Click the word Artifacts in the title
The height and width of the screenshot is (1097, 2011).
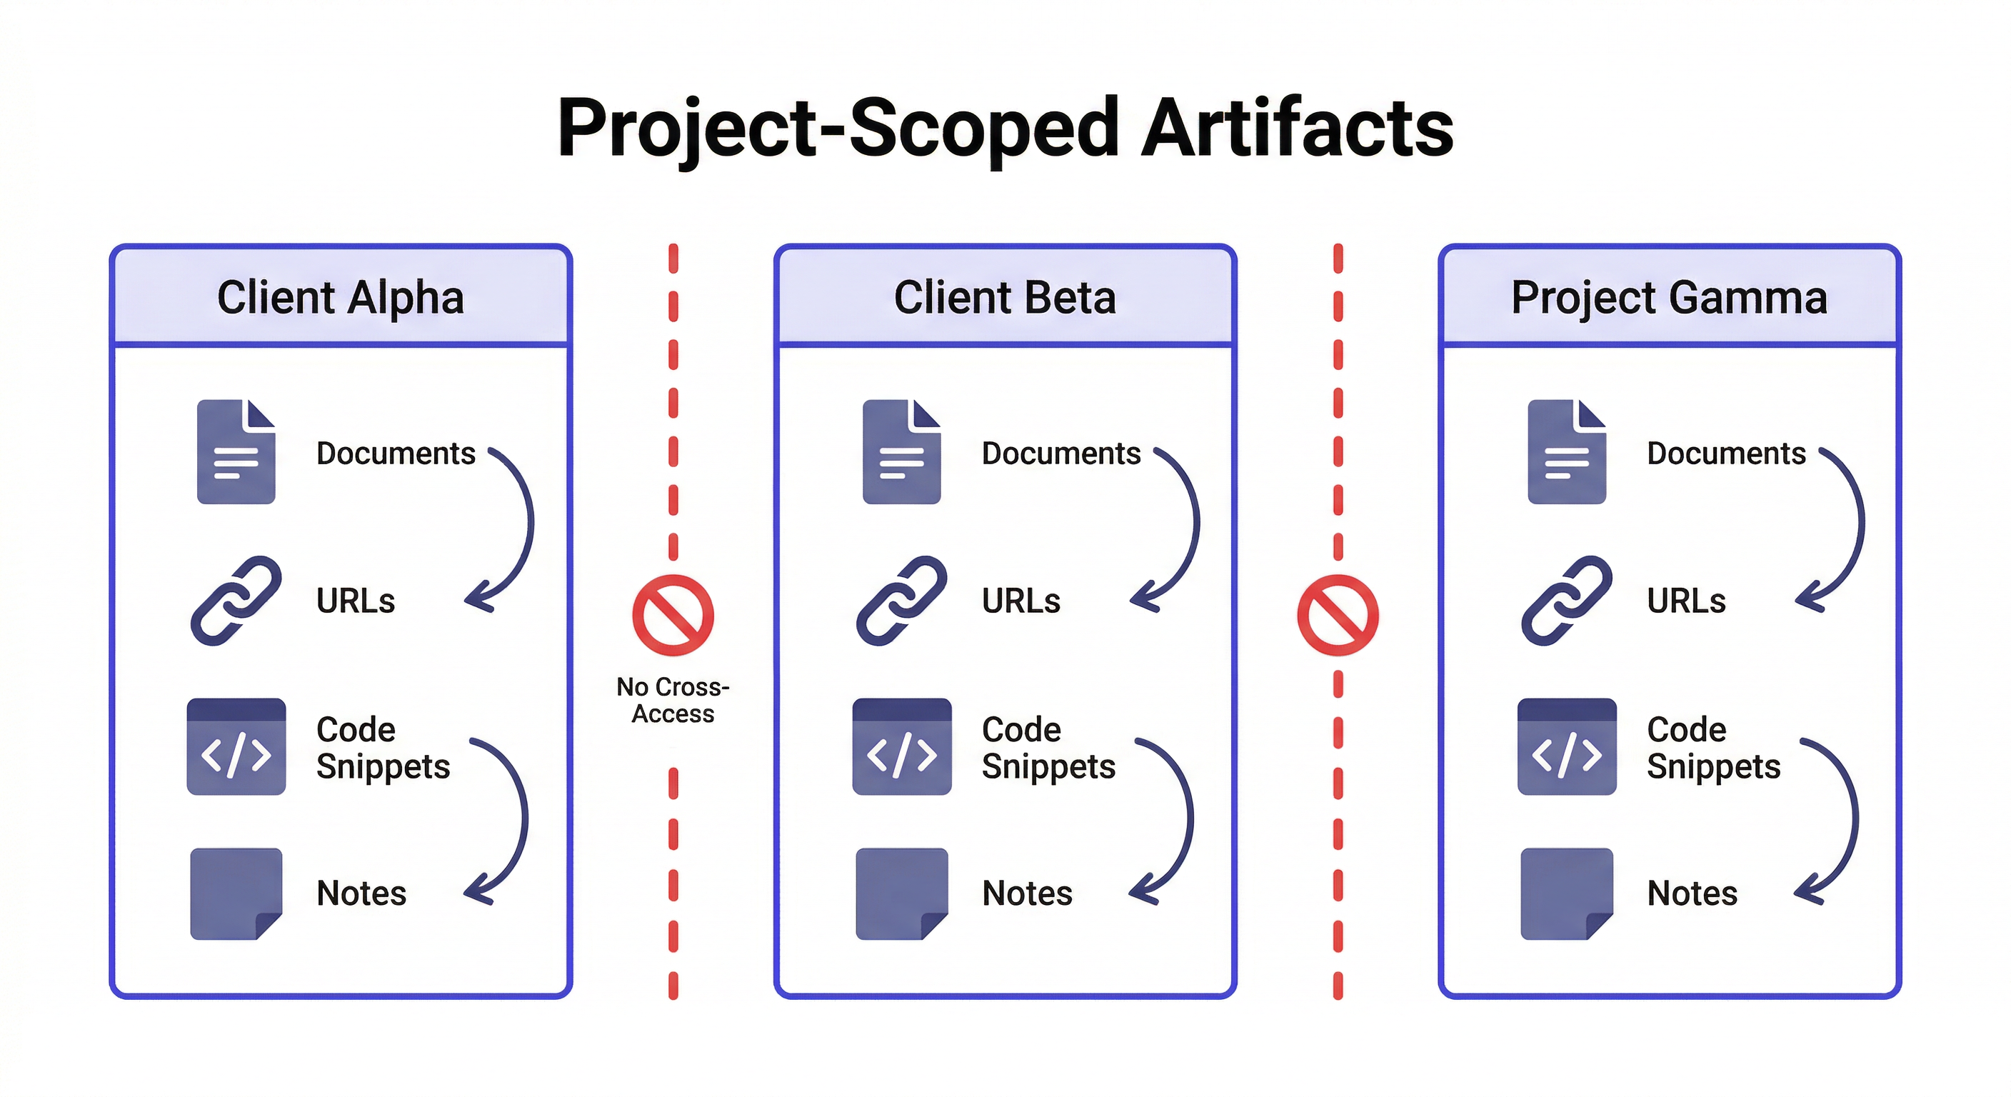(x=1297, y=127)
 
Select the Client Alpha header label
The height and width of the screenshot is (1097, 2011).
(x=341, y=298)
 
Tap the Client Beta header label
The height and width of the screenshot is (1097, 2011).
(x=1005, y=298)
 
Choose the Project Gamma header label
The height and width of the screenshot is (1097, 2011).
(x=1669, y=298)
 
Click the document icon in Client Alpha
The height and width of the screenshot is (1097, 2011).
(x=236, y=452)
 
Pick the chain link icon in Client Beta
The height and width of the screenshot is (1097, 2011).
(x=902, y=601)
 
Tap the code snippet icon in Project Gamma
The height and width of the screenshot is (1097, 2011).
(x=1566, y=747)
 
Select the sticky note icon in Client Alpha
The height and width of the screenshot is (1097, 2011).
(x=236, y=893)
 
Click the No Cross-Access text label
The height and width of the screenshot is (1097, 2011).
(x=673, y=701)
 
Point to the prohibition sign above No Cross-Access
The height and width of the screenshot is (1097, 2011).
(x=673, y=615)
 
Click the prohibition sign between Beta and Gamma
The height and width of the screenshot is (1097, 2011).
(x=1338, y=615)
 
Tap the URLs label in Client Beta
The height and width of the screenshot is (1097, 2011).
(x=1021, y=601)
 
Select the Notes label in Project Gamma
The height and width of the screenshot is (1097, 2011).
(x=1692, y=893)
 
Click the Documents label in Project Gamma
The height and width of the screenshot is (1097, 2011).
(x=1726, y=454)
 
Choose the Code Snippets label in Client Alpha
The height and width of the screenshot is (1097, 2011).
(x=383, y=748)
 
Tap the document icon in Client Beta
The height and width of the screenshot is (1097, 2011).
(x=902, y=452)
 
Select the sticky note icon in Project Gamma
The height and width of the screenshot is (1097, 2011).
(x=1566, y=893)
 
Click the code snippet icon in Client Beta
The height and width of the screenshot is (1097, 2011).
(x=902, y=747)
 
